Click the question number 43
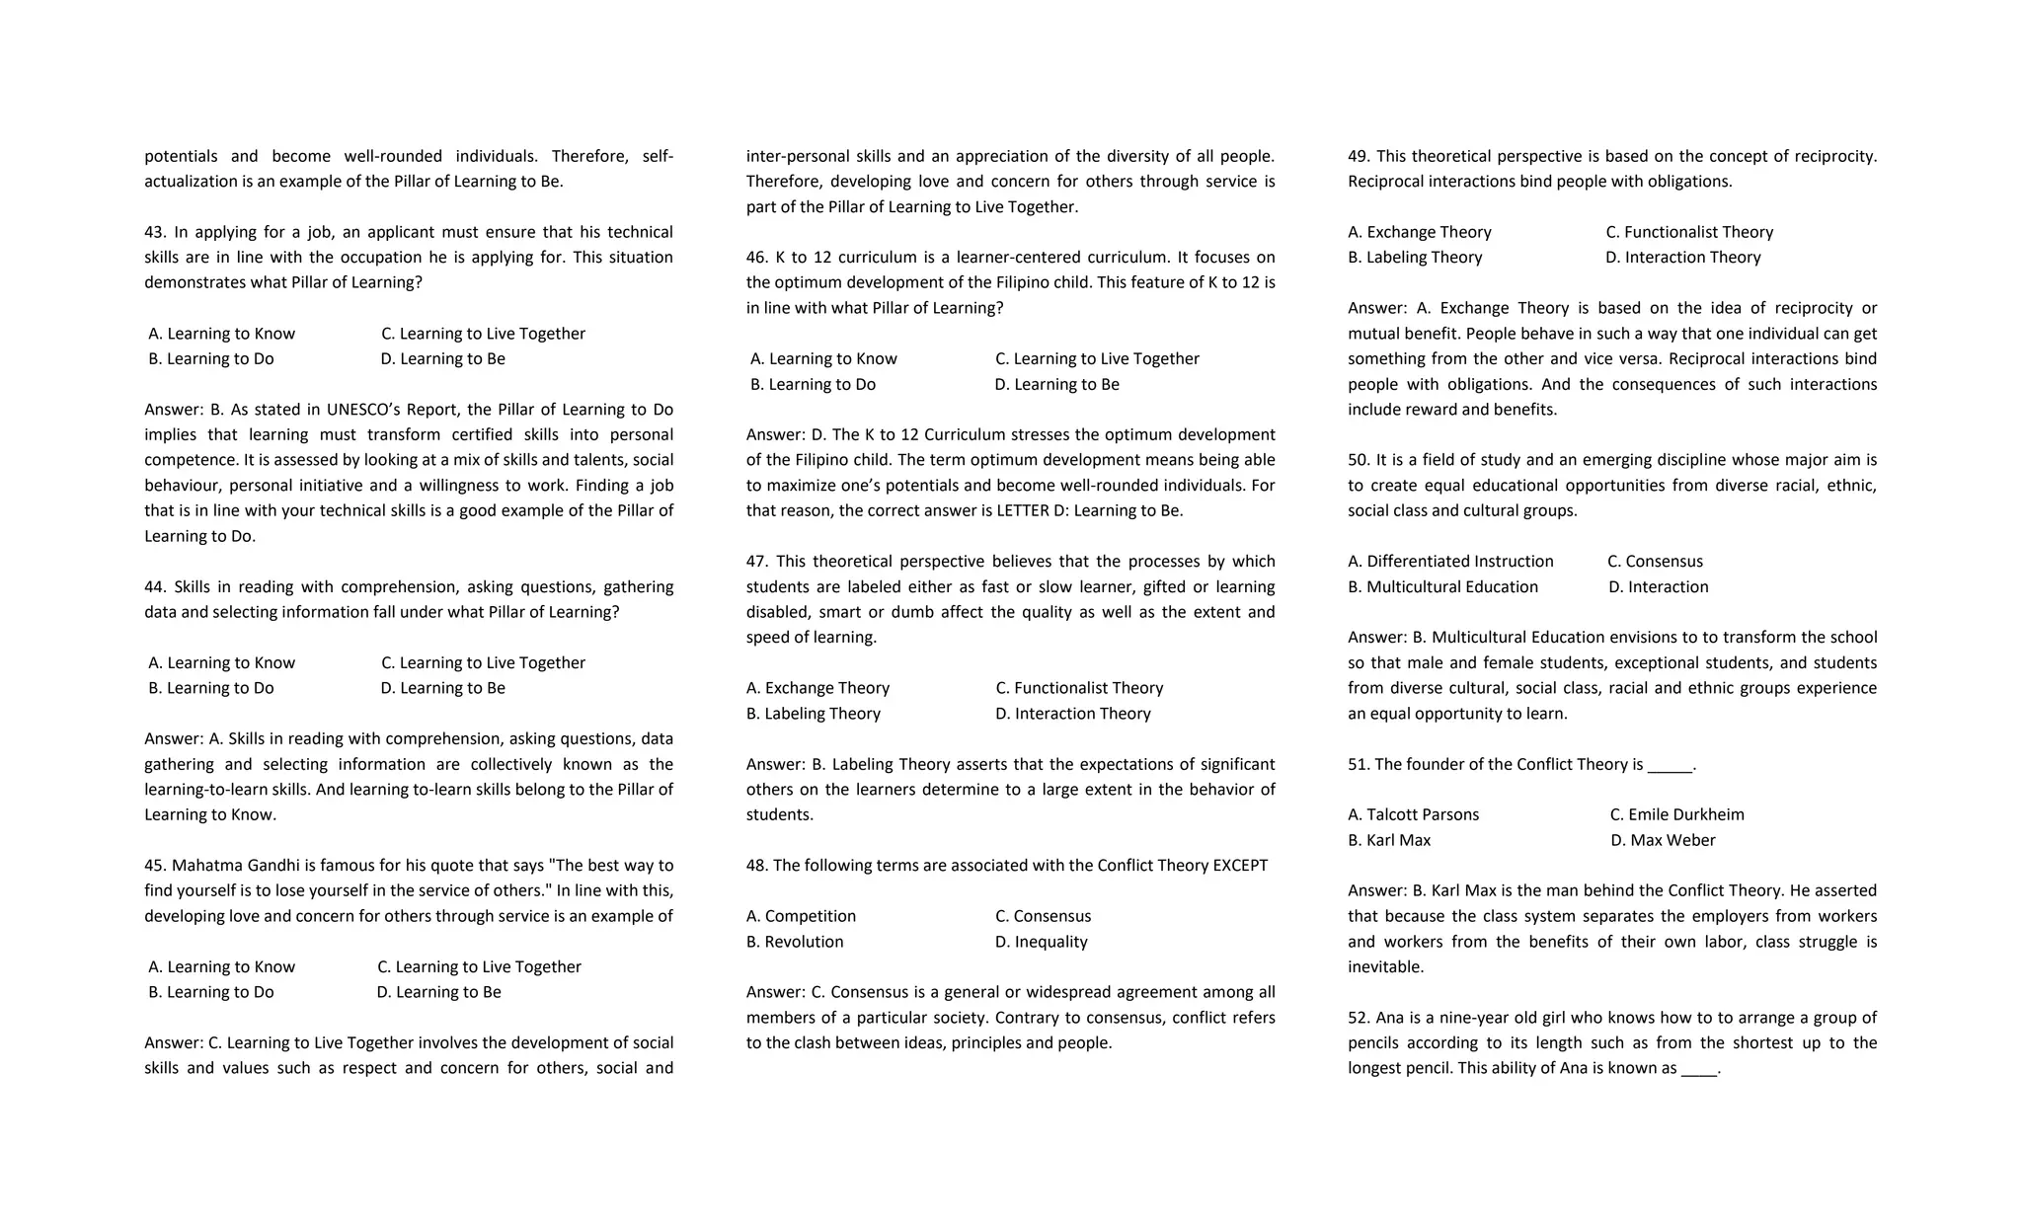coord(154,232)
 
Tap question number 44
coord(154,587)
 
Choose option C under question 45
coord(479,967)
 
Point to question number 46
coord(756,258)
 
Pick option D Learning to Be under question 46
coord(1056,385)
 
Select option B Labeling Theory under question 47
coord(813,714)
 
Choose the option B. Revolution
coord(795,942)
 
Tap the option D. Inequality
coord(1041,942)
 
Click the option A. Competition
coord(801,916)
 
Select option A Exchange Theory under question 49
coord(1419,232)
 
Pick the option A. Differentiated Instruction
coord(1450,562)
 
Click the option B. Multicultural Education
coord(1442,587)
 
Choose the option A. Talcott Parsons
coord(1413,815)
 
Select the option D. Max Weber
coord(1663,841)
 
